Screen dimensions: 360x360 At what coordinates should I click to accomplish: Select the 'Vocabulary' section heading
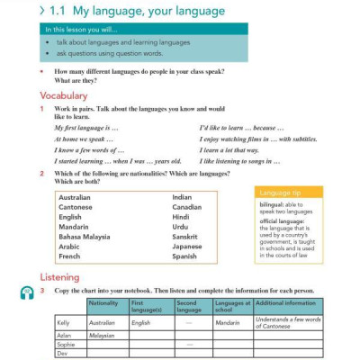pos(63,94)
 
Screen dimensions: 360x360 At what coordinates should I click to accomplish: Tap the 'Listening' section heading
pos(59,277)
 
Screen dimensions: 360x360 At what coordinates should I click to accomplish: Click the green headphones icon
pos(26,293)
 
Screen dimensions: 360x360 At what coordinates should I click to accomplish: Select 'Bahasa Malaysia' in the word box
pos(84,237)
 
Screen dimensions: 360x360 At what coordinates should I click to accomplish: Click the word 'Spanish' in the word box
pos(184,256)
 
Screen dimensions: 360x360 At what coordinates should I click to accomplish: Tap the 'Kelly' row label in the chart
pos(63,321)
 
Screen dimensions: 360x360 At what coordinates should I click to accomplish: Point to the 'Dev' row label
pos(62,354)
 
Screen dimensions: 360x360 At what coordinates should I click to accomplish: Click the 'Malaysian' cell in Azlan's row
pos(104,334)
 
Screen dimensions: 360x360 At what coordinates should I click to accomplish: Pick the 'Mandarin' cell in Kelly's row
pos(228,321)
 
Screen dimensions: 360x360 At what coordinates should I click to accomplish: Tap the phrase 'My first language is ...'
pos(80,128)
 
